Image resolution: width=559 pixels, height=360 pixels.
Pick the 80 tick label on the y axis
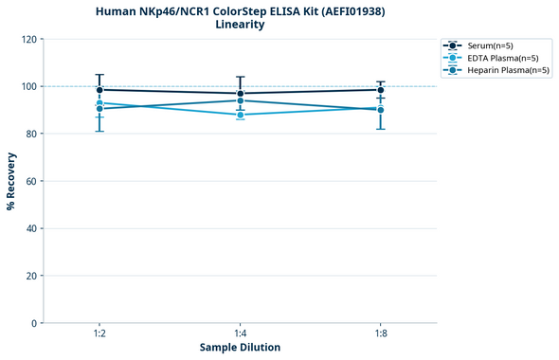pyautogui.click(x=31, y=134)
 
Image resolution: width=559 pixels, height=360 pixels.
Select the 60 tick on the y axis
pyautogui.click(x=31, y=181)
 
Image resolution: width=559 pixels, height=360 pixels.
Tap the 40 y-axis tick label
pyautogui.click(x=31, y=228)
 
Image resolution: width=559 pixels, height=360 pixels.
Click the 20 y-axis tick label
pyautogui.click(x=31, y=276)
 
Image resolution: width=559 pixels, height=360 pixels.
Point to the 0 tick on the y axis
pyautogui.click(x=34, y=323)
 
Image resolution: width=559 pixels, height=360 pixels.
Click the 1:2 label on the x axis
pyautogui.click(x=99, y=334)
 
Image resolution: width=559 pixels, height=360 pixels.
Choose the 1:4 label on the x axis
pyautogui.click(x=240, y=334)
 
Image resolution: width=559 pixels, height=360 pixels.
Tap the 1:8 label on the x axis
pyautogui.click(x=381, y=334)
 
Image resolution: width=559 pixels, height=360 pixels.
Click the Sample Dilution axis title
pyautogui.click(x=240, y=348)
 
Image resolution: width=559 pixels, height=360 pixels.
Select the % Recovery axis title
pyautogui.click(x=11, y=181)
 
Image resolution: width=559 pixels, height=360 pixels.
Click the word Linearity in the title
pyautogui.click(x=240, y=25)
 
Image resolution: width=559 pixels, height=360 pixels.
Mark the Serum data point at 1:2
pyautogui.click(x=99, y=90)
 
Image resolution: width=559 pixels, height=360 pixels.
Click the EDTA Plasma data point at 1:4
pyautogui.click(x=240, y=115)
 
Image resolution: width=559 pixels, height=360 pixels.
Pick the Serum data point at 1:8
pyautogui.click(x=381, y=90)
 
